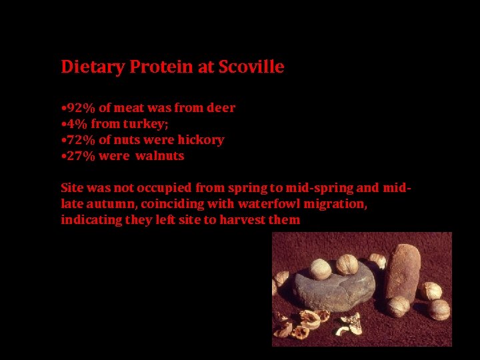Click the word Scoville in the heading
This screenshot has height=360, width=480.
click(255, 67)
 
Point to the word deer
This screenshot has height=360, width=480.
click(221, 107)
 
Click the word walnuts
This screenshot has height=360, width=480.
click(160, 156)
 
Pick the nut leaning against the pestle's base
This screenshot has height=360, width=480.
click(399, 306)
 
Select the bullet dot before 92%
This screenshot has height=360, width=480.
click(63, 108)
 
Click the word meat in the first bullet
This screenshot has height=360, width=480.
click(131, 107)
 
